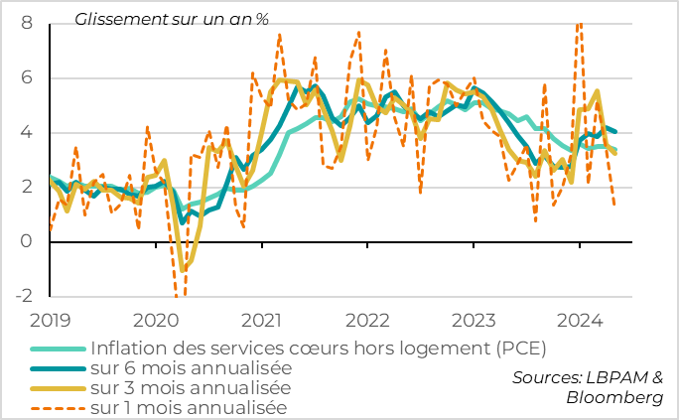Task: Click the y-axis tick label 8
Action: pos(27,23)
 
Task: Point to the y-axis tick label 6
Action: pos(27,77)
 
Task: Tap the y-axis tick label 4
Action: pos(27,133)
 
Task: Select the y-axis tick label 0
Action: pos(27,241)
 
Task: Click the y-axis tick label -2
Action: pos(23,296)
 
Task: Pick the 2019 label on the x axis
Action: pos(49,320)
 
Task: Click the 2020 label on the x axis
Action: pos(155,320)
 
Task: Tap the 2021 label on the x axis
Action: pos(260,320)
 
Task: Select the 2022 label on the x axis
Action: pos(367,320)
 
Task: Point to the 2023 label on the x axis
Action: pos(474,320)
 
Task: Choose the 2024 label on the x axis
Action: pos(580,320)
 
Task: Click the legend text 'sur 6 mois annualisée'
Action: pos(191,367)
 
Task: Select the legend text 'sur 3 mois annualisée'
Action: pos(191,387)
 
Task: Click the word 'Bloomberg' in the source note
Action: pos(614,397)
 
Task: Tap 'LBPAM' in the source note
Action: pos(615,377)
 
